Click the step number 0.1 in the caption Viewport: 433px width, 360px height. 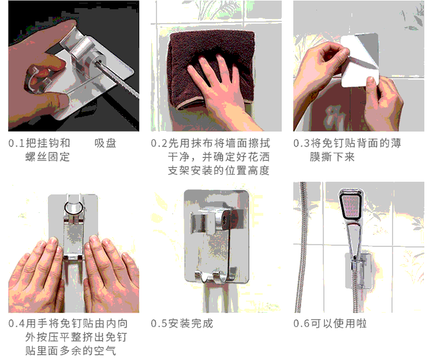tap(17, 143)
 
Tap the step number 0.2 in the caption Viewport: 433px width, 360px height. tap(159, 143)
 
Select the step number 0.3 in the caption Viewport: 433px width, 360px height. tap(301, 143)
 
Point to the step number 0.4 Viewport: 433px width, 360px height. tap(17, 323)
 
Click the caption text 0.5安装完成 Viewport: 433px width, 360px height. tap(182, 323)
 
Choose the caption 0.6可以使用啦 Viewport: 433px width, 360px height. tap(330, 323)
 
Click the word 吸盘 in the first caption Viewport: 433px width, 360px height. tap(105, 143)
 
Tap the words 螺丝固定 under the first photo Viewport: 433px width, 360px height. tap(47, 157)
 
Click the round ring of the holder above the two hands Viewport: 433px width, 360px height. tap(73, 207)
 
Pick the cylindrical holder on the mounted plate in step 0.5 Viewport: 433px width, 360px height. tap(225, 220)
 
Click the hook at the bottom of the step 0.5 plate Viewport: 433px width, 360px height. tap(216, 277)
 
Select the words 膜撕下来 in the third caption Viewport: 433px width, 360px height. tap(332, 157)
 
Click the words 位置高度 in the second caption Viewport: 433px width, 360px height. tap(247, 170)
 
